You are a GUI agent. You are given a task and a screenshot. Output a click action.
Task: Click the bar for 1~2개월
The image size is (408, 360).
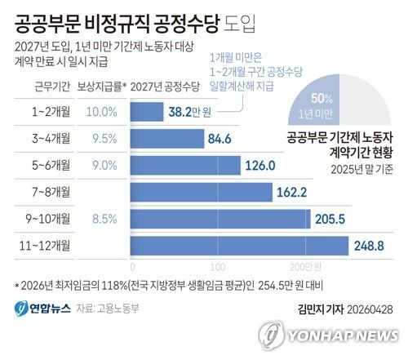point(148,112)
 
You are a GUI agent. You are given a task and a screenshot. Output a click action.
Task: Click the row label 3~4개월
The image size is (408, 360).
point(47,139)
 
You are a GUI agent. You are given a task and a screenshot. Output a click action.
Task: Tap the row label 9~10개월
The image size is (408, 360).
point(47,219)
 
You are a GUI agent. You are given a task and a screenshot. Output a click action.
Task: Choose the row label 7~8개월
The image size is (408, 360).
point(47,193)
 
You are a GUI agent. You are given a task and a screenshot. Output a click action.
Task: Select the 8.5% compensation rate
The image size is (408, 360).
point(102,219)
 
